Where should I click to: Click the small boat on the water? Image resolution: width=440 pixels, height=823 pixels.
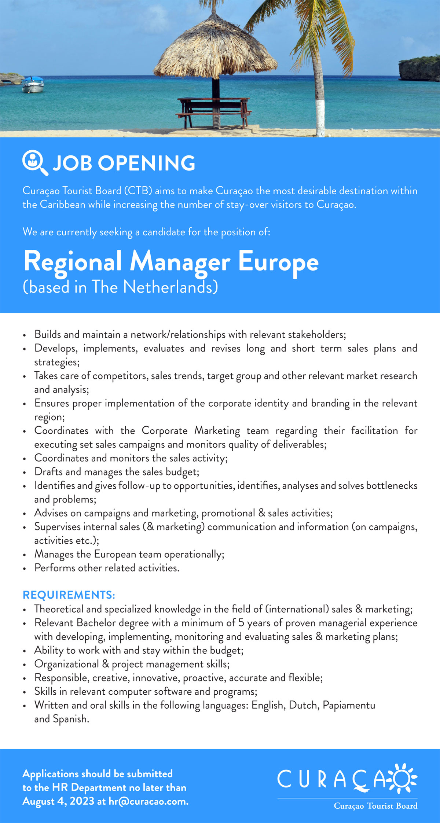pyautogui.click(x=33, y=85)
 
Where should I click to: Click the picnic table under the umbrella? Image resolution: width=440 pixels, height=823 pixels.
pyautogui.click(x=214, y=110)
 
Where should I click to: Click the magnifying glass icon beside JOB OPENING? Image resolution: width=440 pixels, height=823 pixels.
pyautogui.click(x=34, y=162)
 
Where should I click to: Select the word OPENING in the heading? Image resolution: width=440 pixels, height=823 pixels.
pyautogui.click(x=146, y=163)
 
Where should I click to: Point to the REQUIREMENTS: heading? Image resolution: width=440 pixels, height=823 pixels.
pyautogui.click(x=69, y=595)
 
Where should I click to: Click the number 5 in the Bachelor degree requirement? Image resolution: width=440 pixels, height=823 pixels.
pyautogui.click(x=241, y=623)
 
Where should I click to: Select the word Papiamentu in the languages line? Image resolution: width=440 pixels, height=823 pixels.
pyautogui.click(x=349, y=705)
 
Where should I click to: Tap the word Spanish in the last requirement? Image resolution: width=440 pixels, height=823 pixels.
pyautogui.click(x=71, y=719)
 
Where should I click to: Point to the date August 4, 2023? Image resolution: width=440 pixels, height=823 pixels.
pyautogui.click(x=58, y=801)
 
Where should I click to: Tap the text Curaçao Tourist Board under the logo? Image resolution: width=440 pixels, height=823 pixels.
pyautogui.click(x=375, y=806)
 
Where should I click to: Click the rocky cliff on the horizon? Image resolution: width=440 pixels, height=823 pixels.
pyautogui.click(x=419, y=68)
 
